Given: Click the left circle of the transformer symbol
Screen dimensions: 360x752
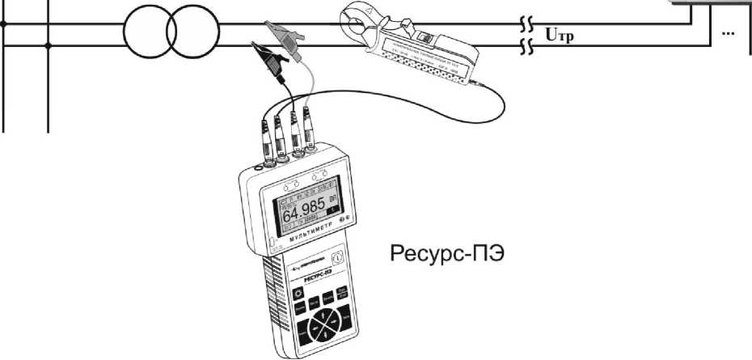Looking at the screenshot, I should click(x=150, y=34).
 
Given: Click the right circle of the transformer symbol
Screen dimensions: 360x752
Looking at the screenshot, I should click(x=194, y=34).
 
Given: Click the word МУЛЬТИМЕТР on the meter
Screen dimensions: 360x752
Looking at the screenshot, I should click(x=311, y=239).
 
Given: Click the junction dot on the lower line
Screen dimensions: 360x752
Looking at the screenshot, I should click(x=50, y=46).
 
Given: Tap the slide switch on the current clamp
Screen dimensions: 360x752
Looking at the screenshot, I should click(x=425, y=36).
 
